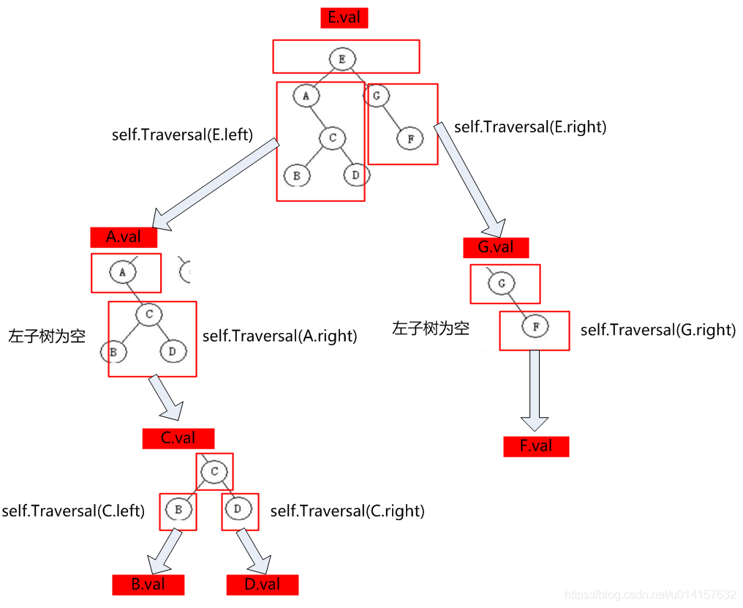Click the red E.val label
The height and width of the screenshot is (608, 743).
click(344, 18)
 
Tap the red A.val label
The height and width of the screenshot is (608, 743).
click(123, 237)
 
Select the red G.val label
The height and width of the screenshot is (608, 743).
click(495, 247)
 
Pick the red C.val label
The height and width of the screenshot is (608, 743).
click(178, 438)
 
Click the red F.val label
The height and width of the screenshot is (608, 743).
click(536, 446)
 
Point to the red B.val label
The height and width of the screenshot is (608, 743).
click(148, 584)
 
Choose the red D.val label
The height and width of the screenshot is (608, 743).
click(263, 584)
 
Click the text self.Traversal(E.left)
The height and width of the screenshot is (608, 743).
click(182, 135)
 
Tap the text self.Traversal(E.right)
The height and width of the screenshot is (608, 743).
click(530, 127)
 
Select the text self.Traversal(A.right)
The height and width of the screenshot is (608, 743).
click(279, 337)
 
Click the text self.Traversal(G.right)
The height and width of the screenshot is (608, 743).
click(657, 330)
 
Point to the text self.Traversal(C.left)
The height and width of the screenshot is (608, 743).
click(73, 511)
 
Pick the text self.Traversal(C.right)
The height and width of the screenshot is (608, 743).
click(347, 511)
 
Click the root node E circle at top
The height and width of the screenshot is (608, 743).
click(342, 58)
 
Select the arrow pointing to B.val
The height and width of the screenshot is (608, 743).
click(165, 552)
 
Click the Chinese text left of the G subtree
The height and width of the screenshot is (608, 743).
click(430, 328)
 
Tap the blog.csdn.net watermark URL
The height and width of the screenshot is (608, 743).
click(651, 593)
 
